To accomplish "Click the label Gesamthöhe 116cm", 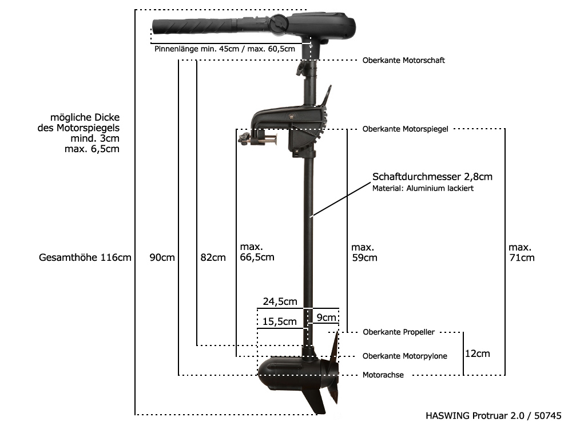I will pos(85,257).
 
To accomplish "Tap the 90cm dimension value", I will pos(162,257).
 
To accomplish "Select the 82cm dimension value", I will pos(213,257).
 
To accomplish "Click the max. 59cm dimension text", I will pos(364,252).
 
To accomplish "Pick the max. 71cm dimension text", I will pos(521,252).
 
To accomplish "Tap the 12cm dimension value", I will pos(477,353).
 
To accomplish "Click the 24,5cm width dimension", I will pos(280,301).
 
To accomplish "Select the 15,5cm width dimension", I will pos(280,321).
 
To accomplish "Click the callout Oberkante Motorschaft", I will pos(403,60).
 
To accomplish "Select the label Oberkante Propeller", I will pos(399,332).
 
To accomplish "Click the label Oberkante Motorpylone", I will pos(405,356).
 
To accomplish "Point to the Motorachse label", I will pos(383,375).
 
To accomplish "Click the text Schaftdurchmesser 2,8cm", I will pos(432,177).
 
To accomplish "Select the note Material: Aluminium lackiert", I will pos(423,188).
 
